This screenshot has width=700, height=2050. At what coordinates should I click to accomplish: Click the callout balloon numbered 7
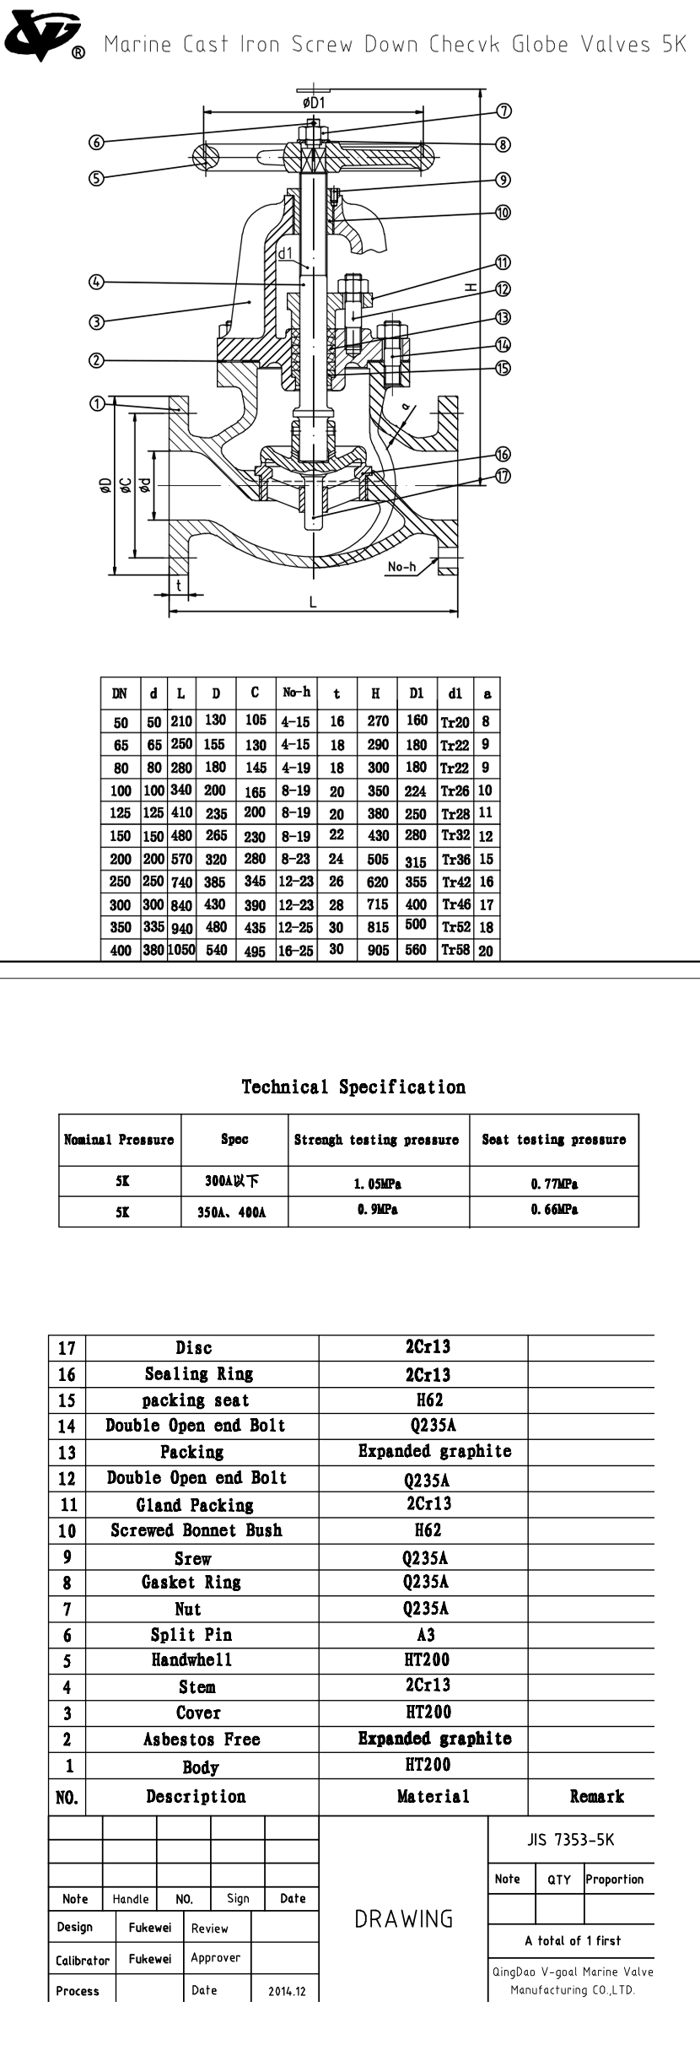coord(503,111)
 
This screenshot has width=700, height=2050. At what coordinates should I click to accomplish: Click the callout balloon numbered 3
coord(96,321)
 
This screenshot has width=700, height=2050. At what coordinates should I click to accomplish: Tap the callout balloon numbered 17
coord(503,477)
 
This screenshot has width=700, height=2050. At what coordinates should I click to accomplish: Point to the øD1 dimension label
coord(314,103)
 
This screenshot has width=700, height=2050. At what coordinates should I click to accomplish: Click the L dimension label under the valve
coord(313,602)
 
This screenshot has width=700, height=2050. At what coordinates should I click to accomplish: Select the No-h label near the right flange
coord(401,567)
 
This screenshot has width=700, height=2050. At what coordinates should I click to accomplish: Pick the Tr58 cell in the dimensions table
coord(455,950)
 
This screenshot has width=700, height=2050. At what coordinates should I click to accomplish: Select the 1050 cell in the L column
coord(180,950)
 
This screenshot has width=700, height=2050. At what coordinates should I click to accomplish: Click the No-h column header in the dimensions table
coord(296,693)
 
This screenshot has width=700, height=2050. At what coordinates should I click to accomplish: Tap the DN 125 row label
coord(121,813)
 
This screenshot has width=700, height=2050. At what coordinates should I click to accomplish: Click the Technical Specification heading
coord(353,1087)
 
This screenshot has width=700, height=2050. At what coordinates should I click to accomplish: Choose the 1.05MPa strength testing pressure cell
coord(378,1184)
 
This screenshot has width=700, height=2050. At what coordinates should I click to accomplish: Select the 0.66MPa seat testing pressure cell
coord(554,1210)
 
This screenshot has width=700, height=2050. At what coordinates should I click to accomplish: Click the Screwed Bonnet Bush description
coord(197,1530)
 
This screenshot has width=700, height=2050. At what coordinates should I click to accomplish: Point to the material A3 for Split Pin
coord(426,1634)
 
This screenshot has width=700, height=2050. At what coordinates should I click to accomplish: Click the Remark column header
coord(596,1797)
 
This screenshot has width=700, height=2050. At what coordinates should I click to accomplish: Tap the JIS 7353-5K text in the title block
coord(571,1840)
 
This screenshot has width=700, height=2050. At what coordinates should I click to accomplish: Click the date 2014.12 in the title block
coord(287,1991)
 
